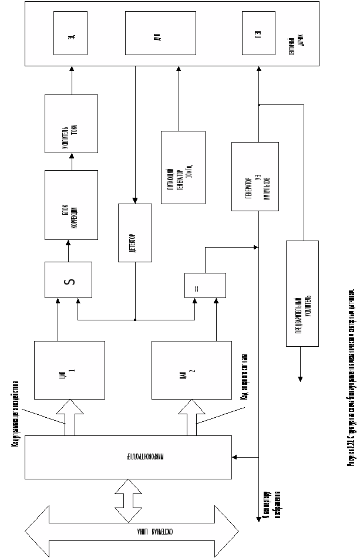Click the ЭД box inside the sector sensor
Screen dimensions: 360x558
[x=70, y=33]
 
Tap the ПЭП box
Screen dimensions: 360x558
[x=258, y=33]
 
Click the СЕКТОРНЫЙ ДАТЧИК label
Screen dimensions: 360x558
[x=296, y=45]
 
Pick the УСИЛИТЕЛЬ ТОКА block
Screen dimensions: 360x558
[x=71, y=123]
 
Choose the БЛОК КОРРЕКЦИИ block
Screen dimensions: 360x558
[x=71, y=204]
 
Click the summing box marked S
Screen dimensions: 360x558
[x=68, y=279]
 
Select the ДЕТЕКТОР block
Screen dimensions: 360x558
[x=135, y=232]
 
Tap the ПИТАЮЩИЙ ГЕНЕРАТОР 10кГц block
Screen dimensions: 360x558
[x=183, y=167]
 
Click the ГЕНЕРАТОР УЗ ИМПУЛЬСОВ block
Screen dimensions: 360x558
[x=254, y=176]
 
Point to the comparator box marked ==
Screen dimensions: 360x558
[x=204, y=285]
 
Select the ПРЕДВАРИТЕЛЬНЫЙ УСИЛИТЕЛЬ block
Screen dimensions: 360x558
[x=302, y=293]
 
